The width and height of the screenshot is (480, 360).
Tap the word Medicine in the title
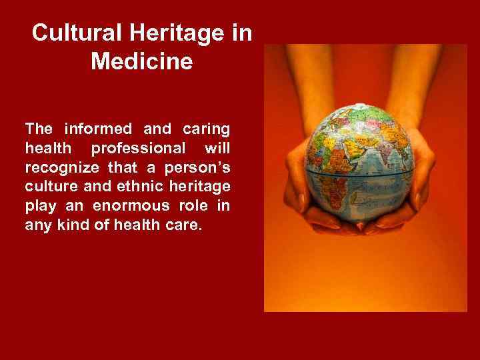point(142,62)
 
